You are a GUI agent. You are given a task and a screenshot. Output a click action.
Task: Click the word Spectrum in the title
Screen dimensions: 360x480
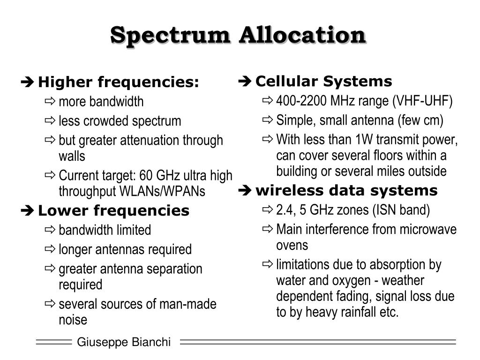[171, 35]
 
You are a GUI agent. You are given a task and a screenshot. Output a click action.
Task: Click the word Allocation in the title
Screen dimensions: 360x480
[302, 35]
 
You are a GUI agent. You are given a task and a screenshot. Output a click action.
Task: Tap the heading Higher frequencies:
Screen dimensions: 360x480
[119, 82]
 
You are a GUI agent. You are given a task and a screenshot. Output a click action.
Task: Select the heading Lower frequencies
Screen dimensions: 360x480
[113, 211]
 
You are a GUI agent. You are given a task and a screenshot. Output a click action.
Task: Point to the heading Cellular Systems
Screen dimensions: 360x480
[323, 82]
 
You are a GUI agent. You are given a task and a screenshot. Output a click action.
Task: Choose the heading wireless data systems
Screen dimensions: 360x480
[346, 191]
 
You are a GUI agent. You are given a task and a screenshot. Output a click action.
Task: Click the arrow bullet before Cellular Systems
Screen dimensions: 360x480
[245, 82]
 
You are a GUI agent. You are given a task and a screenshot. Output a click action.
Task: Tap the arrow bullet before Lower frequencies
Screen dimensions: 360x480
[28, 211]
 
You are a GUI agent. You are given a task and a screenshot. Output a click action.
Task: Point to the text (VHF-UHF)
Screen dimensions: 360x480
[423, 101]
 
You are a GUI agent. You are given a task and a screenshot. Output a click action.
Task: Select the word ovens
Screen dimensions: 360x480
[292, 245]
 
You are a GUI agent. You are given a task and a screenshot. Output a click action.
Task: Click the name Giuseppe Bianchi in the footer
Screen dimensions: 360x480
[124, 343]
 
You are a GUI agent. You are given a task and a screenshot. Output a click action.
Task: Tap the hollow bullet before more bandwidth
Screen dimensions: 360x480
[50, 101]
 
